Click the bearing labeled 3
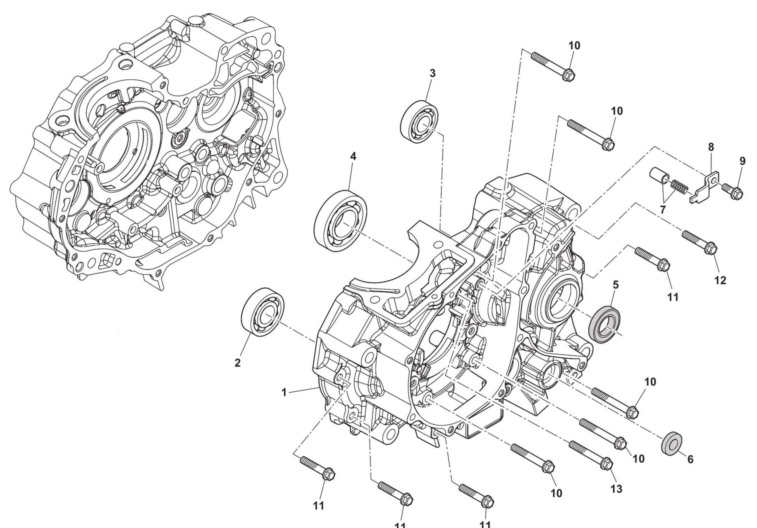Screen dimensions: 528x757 pyautogui.click(x=420, y=121)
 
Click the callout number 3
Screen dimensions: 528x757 pyautogui.click(x=432, y=73)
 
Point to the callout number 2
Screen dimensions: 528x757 pyautogui.click(x=237, y=363)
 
